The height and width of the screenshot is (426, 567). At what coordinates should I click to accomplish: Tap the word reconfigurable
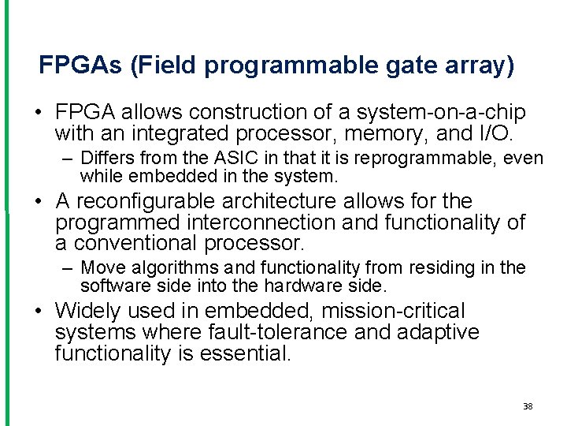(148, 202)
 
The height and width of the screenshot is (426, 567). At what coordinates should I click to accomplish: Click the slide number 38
(528, 406)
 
